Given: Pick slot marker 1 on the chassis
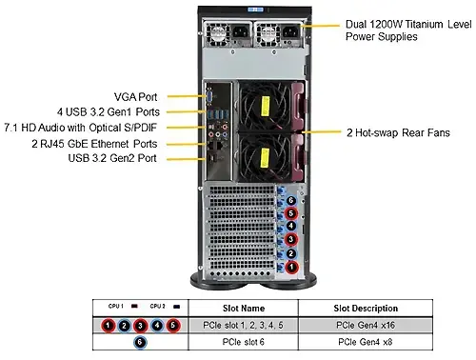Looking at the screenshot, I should (x=291, y=268).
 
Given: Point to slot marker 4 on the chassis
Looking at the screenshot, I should (x=291, y=228).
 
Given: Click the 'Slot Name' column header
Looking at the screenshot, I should (x=244, y=309).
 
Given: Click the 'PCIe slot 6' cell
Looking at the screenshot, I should (x=244, y=342).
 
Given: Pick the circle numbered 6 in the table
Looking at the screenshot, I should (x=140, y=342).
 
